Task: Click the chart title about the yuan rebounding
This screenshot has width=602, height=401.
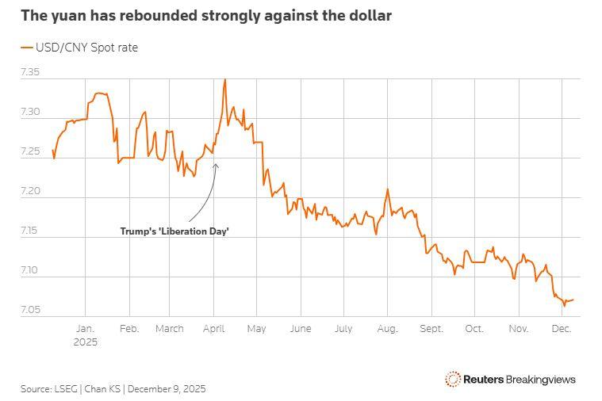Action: click(x=205, y=15)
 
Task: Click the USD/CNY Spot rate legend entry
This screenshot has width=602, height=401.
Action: click(x=79, y=48)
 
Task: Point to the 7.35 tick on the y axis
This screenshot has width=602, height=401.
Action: click(x=29, y=72)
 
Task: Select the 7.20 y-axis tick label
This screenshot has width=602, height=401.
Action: click(x=29, y=192)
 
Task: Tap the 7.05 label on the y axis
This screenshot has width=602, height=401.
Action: click(x=29, y=310)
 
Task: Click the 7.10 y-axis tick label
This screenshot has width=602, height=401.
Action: click(x=29, y=271)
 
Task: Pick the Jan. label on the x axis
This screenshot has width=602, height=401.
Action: click(x=85, y=328)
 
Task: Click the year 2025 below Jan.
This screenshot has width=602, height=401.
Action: click(x=85, y=342)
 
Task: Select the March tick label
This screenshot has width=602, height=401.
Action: click(x=169, y=328)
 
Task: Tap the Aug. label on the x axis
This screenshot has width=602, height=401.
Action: click(x=387, y=328)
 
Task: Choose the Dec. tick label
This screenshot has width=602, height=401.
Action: click(x=561, y=328)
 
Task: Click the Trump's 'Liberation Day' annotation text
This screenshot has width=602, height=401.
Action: click(x=174, y=231)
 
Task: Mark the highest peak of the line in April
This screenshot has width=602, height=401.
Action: click(x=225, y=79)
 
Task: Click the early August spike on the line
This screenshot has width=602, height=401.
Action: click(x=387, y=189)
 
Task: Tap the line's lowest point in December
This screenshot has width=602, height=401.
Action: click(x=565, y=305)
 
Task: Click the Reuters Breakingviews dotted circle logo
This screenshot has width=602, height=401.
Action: click(x=453, y=379)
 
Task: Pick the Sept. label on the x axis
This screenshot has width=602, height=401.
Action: click(x=431, y=328)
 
